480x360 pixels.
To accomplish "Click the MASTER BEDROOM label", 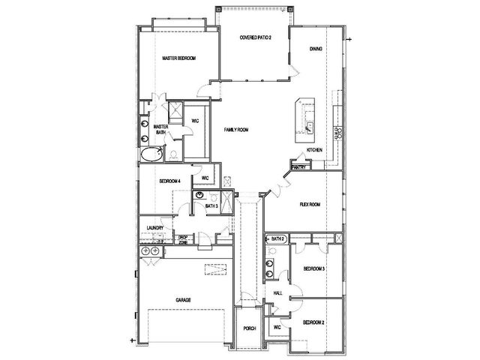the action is point(178,58).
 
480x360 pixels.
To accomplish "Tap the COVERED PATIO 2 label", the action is point(255,37).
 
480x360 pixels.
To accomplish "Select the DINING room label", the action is point(316,49).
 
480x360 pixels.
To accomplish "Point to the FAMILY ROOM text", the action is point(236,130).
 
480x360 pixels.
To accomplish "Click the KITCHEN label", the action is point(314,150).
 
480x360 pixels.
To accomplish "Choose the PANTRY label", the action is point(298,167).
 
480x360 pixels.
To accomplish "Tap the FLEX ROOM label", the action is point(310,205).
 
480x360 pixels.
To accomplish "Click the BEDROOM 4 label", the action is point(170,181).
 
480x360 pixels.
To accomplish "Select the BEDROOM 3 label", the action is point(313,268).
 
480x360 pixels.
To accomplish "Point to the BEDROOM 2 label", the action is point(313,322).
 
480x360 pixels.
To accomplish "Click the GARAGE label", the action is point(183,300).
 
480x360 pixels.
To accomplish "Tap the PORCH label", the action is point(250,328).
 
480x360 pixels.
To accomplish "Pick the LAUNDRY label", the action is point(155,228).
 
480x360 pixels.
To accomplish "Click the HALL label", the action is point(277,293).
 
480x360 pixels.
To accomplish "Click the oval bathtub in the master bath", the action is point(151,154).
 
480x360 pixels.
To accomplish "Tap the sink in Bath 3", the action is point(199,195).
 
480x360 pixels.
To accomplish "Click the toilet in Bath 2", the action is point(271,252).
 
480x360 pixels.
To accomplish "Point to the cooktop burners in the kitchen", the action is point(337,133).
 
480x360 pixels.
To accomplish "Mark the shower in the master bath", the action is point(175,112).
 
